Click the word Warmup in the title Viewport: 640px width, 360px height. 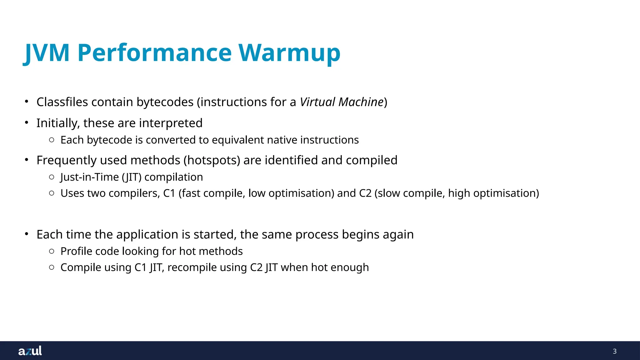(x=289, y=52)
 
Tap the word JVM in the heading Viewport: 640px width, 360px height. (x=47, y=52)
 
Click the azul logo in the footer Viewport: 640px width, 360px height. (x=30, y=351)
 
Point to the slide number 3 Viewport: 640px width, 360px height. (x=614, y=351)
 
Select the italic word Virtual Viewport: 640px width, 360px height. (x=317, y=102)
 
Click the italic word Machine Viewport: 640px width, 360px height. (x=361, y=102)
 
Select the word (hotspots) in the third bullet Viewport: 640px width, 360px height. (x=212, y=160)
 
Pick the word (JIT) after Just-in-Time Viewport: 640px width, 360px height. (x=132, y=177)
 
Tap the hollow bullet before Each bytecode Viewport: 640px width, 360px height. (x=52, y=140)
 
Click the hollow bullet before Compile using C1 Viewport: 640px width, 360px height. (x=52, y=267)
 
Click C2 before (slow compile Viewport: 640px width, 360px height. (x=365, y=193)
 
